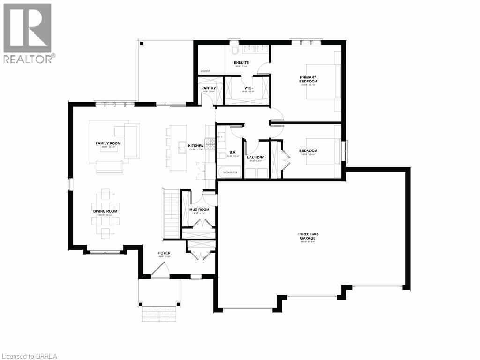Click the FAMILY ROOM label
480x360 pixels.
[108, 143]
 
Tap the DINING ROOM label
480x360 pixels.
[105, 211]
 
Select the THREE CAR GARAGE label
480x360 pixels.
[307, 236]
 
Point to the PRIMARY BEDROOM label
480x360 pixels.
[308, 79]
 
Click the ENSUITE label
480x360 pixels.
[241, 62]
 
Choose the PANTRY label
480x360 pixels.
[208, 88]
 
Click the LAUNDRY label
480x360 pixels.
[255, 157]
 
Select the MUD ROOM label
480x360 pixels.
[199, 210]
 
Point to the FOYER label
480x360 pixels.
[164, 253]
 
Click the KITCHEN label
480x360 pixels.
[196, 146]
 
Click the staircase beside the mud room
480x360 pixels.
[171, 213]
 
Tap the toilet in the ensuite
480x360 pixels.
[234, 50]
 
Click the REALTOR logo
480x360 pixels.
[28, 33]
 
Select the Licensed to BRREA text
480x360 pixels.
[29, 356]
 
